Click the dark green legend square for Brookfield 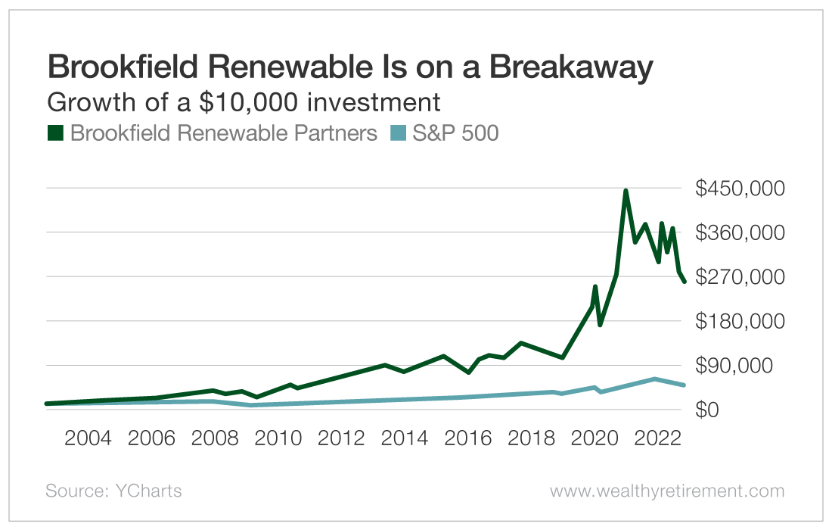[55, 133]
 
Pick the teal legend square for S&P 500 [398, 133]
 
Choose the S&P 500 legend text [455, 133]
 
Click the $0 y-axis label [709, 410]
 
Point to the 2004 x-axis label [89, 439]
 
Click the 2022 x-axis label [657, 439]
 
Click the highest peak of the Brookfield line [626, 192]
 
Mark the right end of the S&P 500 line [684, 385]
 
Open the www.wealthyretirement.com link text [666, 491]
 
